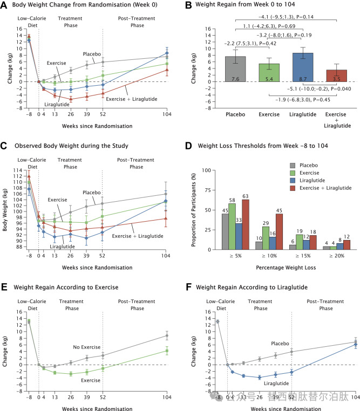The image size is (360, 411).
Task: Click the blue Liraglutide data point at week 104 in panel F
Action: pos(355,345)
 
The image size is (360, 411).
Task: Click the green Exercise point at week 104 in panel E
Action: pos(167,351)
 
